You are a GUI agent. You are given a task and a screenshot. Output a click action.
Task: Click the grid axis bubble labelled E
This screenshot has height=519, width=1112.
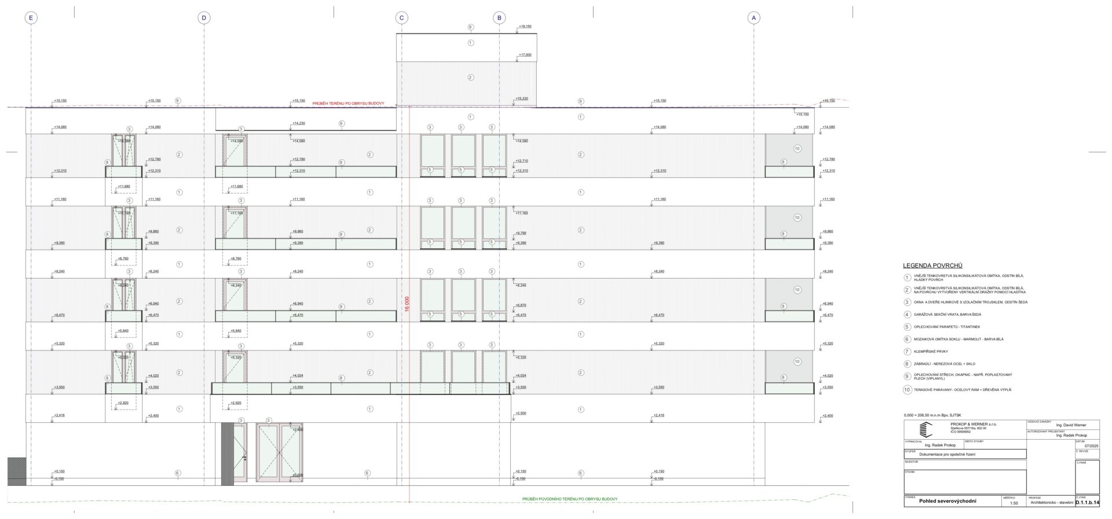click(31, 18)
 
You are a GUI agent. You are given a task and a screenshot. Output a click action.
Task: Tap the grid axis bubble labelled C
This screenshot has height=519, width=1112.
click(402, 18)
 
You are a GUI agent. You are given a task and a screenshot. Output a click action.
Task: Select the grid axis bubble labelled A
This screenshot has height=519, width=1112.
click(753, 18)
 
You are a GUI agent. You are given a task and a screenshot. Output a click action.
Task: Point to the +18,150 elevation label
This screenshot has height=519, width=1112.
click(525, 27)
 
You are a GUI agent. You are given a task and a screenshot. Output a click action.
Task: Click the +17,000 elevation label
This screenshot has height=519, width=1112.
click(525, 55)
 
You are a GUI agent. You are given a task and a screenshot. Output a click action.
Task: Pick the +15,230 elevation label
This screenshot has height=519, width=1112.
click(521, 98)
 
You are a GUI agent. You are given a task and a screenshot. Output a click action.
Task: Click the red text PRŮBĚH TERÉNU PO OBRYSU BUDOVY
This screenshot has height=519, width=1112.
click(348, 103)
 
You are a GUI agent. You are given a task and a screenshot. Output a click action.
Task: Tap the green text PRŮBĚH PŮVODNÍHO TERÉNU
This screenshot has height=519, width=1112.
click(569, 499)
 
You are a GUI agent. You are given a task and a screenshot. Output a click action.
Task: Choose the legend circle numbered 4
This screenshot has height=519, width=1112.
click(908, 315)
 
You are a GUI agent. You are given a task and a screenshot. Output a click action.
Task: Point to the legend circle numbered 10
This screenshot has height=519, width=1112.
click(908, 390)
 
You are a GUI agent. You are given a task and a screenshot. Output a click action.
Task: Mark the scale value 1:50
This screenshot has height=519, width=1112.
click(1014, 503)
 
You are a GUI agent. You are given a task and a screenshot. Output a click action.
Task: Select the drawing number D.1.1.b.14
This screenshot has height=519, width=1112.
click(1087, 503)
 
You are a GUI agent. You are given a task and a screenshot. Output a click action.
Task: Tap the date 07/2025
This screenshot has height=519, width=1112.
click(1091, 445)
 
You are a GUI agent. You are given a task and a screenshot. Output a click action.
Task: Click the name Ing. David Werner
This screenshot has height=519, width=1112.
click(1071, 425)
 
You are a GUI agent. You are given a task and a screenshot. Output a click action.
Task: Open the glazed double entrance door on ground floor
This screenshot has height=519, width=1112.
click(279, 452)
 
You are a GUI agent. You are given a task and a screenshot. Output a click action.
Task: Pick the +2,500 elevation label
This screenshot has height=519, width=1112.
click(521, 413)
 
